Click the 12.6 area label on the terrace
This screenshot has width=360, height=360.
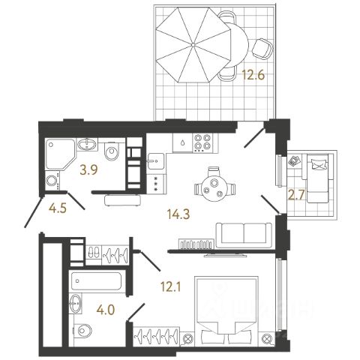tap(253, 75)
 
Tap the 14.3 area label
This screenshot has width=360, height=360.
tap(178, 214)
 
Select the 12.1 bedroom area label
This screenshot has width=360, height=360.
tap(171, 287)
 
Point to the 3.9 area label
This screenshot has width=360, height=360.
tap(88, 170)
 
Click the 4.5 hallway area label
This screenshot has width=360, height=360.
tap(58, 208)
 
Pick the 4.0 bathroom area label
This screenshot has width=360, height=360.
tap(106, 310)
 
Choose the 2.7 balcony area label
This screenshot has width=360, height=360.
tap(296, 196)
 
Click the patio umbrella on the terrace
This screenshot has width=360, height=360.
tap(193, 45)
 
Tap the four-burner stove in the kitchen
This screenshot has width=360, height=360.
tap(202, 142)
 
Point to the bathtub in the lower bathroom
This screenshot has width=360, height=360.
tap(96, 281)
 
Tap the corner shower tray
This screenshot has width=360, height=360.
tap(60, 154)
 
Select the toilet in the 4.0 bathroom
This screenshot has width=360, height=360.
tap(82, 330)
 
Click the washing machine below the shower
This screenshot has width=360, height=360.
tap(52, 181)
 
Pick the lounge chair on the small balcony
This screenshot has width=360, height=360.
tap(318, 178)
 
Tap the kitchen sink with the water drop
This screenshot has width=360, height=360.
tap(182, 142)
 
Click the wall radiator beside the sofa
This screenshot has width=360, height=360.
tap(196, 244)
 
